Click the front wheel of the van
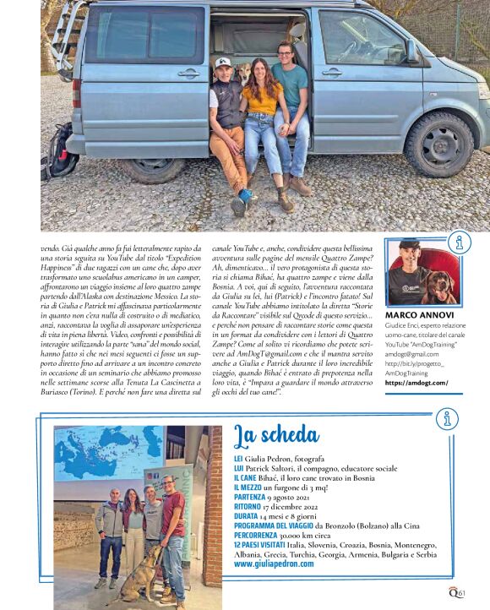(x=442, y=143)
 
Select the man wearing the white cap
(x=227, y=118)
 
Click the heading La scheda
(x=275, y=435)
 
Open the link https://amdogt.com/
(x=416, y=383)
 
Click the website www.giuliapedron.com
(x=274, y=564)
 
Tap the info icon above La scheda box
(x=447, y=417)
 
